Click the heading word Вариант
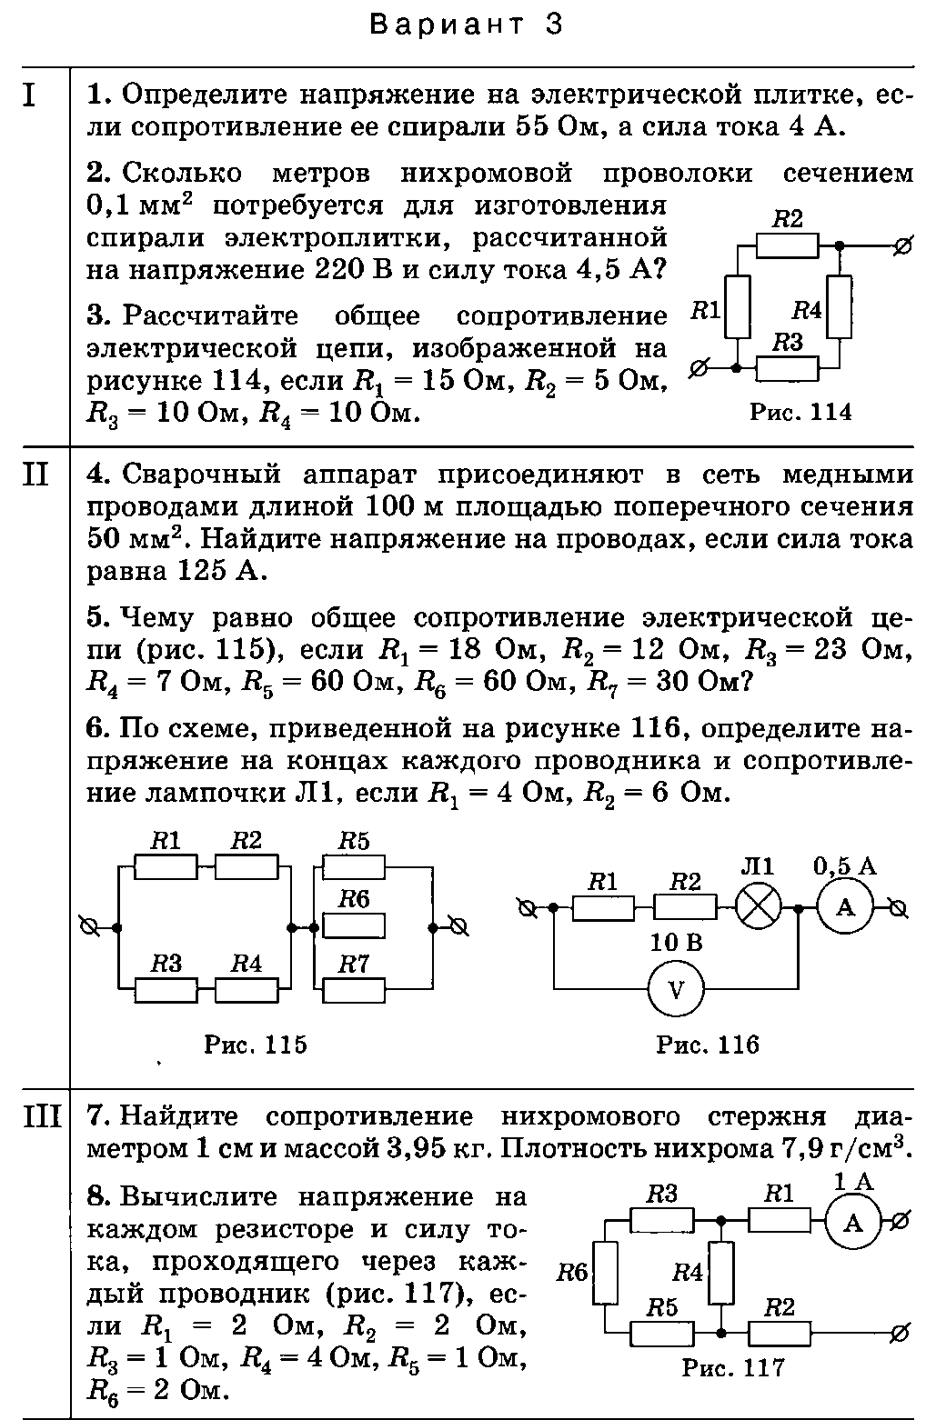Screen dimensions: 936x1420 coord(448,25)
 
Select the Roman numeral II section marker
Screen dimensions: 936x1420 coord(35,475)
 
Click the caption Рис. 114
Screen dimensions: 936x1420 coord(800,412)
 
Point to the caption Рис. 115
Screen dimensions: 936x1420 coord(255,1044)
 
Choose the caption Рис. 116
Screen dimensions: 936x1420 coord(707,1045)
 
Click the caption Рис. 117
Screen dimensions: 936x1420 coord(733,1367)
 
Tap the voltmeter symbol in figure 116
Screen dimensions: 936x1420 coord(676,989)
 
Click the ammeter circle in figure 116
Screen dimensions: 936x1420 coord(845,909)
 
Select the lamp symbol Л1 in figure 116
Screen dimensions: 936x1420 coord(758,909)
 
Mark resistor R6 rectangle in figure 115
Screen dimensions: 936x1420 coord(354,926)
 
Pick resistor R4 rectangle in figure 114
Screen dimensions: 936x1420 coord(839,307)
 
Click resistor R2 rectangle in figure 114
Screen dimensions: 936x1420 coord(787,246)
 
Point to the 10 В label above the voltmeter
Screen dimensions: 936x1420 coord(677,944)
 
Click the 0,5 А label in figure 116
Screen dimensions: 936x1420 coord(845,866)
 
